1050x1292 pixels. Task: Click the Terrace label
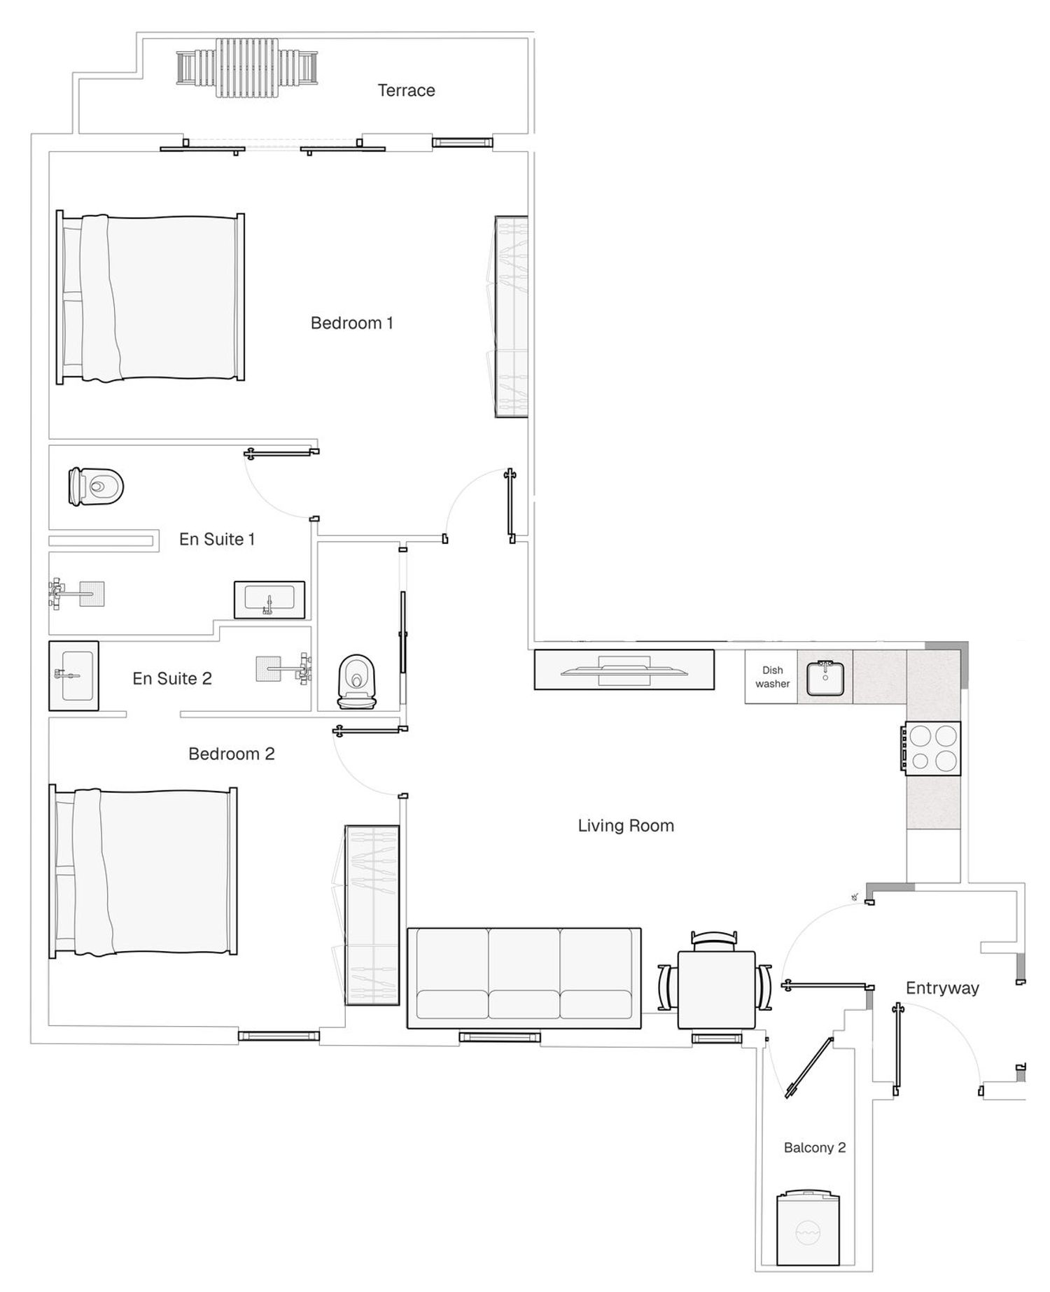[x=406, y=90]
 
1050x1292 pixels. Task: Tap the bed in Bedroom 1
[x=150, y=297]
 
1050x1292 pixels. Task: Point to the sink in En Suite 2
[x=73, y=675]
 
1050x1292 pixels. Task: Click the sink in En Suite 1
[x=269, y=600]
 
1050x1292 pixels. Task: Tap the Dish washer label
[x=772, y=677]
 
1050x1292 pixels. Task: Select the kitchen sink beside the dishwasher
[x=825, y=677]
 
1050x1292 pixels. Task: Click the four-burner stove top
[x=932, y=748]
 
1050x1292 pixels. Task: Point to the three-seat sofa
[x=524, y=978]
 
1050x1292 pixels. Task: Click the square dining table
[x=716, y=990]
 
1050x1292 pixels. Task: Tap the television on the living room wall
[x=624, y=670]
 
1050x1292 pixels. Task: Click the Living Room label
[x=626, y=826]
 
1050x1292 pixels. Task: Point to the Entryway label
[x=942, y=988]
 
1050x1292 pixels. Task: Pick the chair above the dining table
[x=714, y=939]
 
